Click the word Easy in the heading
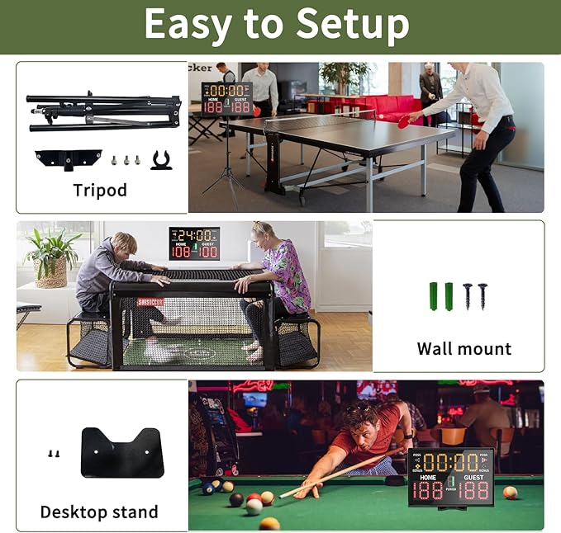(x=186, y=25)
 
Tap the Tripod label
(x=100, y=191)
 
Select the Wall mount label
(x=464, y=349)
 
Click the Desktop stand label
(x=100, y=512)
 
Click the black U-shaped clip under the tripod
(x=161, y=159)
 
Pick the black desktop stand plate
(x=121, y=451)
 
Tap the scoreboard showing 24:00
(x=194, y=243)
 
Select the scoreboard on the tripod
(x=226, y=98)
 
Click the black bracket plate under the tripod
(x=68, y=158)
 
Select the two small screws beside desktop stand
(x=55, y=453)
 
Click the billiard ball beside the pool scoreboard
(x=510, y=493)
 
